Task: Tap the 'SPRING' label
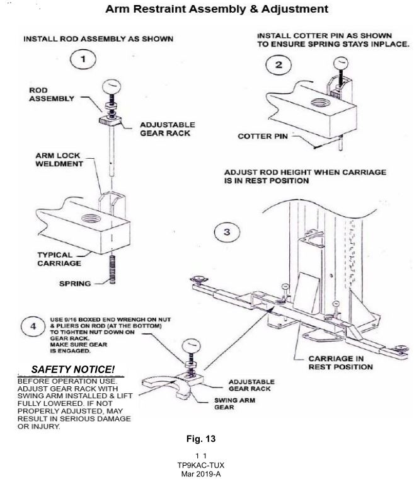coord(75,284)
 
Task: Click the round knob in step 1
coord(112,87)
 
